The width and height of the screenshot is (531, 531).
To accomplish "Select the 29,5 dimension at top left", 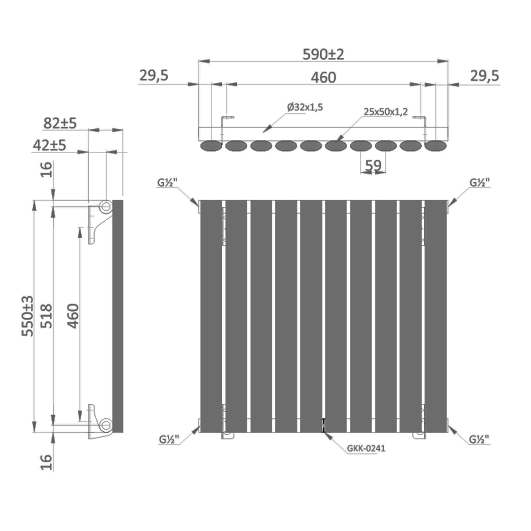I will pos(154,75).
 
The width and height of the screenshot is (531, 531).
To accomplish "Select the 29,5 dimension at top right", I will pos(484,76).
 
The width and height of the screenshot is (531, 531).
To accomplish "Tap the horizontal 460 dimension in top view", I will pos(323,77).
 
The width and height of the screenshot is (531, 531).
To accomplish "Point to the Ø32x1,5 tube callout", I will pos(305,107).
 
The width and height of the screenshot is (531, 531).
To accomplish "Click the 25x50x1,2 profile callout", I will pos(386,112).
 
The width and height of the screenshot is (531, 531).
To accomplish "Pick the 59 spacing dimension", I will pos(373,165).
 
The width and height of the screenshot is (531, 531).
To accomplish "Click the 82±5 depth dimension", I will pos(60,123).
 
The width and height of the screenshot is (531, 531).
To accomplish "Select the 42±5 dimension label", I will pos(50,145).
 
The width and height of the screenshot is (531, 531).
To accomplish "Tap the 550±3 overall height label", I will pos(28,316).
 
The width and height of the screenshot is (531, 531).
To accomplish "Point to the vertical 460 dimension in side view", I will pos(73,316).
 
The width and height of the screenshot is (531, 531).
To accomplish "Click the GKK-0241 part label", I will pos(366,448).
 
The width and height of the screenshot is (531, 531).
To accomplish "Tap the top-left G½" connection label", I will pos(167,183).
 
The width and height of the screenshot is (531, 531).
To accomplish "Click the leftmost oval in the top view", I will pos(211,146).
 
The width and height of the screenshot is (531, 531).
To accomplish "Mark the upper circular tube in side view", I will pos(105,206).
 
